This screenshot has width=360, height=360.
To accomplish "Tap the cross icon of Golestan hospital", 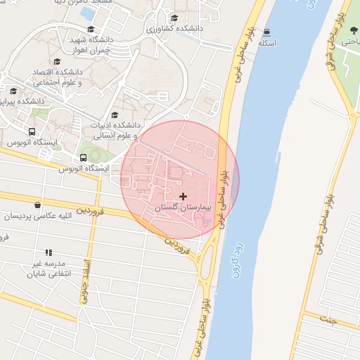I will (184, 196).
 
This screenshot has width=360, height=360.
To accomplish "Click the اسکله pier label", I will (267, 43).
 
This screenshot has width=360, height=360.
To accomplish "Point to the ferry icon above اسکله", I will (267, 32).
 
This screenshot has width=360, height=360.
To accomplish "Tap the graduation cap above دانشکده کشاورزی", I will (174, 18).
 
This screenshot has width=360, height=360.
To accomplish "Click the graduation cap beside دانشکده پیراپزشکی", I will (13, 91).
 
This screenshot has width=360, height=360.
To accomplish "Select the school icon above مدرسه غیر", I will (49, 252).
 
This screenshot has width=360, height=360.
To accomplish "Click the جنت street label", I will (328, 319).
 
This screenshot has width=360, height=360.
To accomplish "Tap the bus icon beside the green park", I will (84, 157).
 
